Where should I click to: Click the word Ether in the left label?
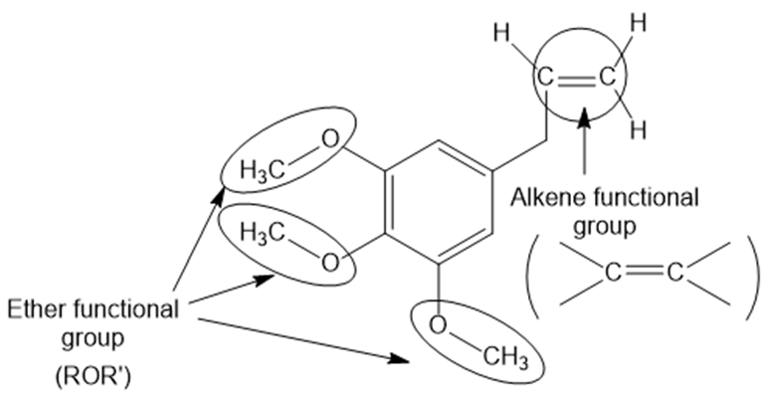tap(34, 309)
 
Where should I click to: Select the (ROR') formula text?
tap(93, 377)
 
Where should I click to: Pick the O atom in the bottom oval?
tap(438, 325)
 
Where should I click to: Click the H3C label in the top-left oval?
tap(263, 171)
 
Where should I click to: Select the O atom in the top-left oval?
tap(330, 139)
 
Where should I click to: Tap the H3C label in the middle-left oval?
tap(263, 232)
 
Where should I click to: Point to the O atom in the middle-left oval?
tap(330, 263)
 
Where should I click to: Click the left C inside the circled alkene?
tap(545, 78)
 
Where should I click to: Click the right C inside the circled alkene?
tap(608, 78)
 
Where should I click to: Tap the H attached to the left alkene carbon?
tap(501, 34)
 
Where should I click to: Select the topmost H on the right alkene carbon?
tap(638, 23)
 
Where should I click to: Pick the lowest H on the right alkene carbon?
tap(638, 130)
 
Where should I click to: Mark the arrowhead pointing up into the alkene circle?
tap(584, 117)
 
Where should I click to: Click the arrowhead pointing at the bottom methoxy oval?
tap(400, 359)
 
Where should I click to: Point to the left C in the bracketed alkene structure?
tap(612, 273)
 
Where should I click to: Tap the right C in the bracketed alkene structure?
tap(674, 273)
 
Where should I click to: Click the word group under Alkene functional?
tap(605, 228)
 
